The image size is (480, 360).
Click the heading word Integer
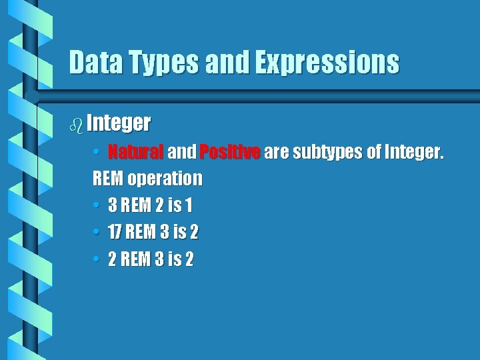pos(118,123)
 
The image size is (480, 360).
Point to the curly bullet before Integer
pos(76,123)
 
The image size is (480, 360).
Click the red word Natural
pos(135,153)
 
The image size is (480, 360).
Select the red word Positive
pos(229,153)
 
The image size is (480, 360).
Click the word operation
pos(165,179)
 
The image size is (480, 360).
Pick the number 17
pos(115,233)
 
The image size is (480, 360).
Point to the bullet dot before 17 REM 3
pos(97,233)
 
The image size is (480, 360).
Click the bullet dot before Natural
pos(97,153)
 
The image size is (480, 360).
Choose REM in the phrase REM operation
pos(108,179)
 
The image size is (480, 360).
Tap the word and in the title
pos(227,63)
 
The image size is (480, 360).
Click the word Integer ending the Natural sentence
pos(413,153)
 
